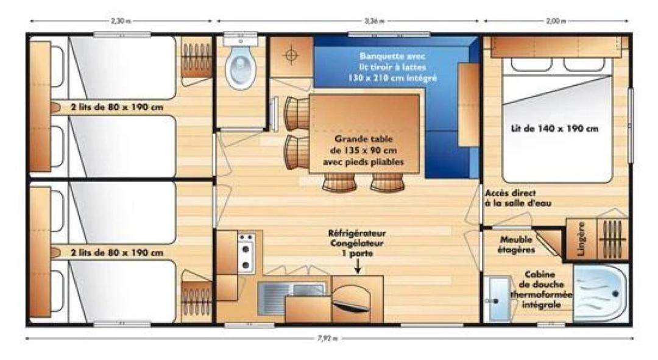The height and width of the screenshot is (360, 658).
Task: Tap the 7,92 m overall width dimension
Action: pyautogui.click(x=327, y=339)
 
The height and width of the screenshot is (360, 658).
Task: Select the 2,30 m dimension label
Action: pyautogui.click(x=121, y=21)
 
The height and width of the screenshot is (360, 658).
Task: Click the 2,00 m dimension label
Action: pyautogui.click(x=556, y=21)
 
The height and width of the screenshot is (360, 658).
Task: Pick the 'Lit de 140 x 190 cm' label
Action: pyautogui.click(x=555, y=129)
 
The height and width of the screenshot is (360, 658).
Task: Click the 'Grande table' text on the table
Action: pyautogui.click(x=363, y=138)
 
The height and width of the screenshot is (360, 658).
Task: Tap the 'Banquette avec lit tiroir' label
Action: pyautogui.click(x=392, y=62)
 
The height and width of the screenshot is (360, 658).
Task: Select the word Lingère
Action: pyautogui.click(x=581, y=239)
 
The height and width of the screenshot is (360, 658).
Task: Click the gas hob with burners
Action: pyautogui.click(x=246, y=253)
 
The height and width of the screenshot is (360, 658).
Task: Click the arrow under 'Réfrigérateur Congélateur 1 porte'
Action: pyautogui.click(x=358, y=266)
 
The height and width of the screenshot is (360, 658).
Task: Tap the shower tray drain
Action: pyautogui.click(x=615, y=294)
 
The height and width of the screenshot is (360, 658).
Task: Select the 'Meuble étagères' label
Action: pyautogui.click(x=516, y=245)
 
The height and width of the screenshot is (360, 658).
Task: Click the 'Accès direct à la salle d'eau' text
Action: pyautogui.click(x=518, y=198)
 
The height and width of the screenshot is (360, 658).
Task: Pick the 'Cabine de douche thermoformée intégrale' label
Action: pyautogui.click(x=541, y=289)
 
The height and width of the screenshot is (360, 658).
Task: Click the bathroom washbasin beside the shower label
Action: pyautogui.click(x=498, y=300)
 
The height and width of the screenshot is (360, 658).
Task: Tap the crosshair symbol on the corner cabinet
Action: pyautogui.click(x=291, y=55)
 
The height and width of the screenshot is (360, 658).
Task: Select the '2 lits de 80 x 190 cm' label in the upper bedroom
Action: pyautogui.click(x=116, y=107)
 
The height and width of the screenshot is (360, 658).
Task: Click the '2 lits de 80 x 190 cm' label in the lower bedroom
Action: pyautogui.click(x=116, y=253)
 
